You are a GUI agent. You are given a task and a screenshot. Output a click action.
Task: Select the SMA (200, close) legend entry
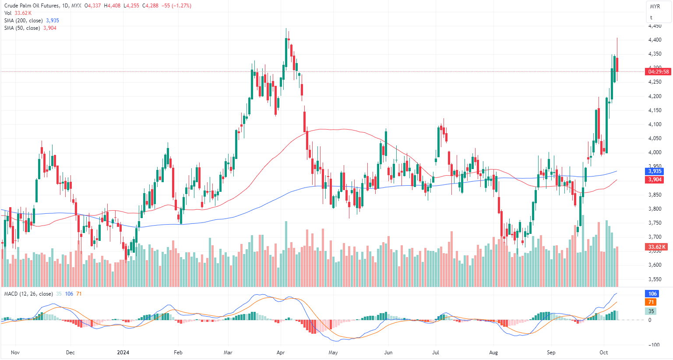(x=24, y=21)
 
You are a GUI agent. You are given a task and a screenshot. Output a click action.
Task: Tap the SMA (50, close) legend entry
(x=22, y=28)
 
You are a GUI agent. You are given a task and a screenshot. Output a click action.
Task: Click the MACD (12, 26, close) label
(x=28, y=294)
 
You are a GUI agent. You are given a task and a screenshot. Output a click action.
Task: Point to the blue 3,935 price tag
(x=655, y=171)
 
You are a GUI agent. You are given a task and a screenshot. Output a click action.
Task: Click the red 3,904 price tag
(x=655, y=180)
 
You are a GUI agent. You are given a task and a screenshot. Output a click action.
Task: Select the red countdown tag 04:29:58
(x=658, y=72)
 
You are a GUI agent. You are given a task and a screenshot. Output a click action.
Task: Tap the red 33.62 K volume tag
(x=657, y=247)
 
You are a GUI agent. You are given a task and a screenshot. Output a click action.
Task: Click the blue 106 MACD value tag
(x=652, y=294)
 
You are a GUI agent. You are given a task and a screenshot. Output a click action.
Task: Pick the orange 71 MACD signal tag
(x=651, y=302)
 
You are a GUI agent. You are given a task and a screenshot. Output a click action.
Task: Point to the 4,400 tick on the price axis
(x=655, y=40)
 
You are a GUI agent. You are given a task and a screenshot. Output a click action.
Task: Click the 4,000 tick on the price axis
(x=655, y=152)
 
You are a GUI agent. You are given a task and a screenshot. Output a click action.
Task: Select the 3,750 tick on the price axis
(x=655, y=223)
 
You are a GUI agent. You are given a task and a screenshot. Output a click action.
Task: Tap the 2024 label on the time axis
(x=123, y=353)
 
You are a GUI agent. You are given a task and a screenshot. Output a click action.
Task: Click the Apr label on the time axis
(x=281, y=353)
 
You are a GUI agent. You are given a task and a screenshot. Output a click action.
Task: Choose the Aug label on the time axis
(x=493, y=353)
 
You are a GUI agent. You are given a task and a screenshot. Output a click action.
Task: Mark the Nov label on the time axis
(x=15, y=353)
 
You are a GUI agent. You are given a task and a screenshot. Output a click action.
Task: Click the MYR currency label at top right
(x=655, y=7)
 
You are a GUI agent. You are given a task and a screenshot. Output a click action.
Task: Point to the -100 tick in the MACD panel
(x=653, y=345)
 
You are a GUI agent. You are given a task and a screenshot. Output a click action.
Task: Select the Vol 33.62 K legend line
(x=18, y=13)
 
